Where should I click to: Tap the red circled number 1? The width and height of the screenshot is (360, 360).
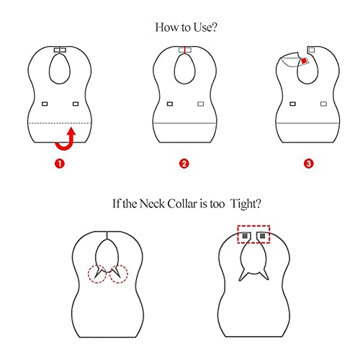[60, 163]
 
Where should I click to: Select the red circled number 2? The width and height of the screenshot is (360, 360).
[184, 163]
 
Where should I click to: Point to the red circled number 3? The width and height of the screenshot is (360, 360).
[308, 163]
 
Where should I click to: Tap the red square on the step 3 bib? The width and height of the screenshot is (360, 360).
[305, 62]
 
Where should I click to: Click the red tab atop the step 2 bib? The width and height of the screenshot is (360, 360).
[184, 50]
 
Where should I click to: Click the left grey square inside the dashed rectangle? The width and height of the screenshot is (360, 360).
[244, 235]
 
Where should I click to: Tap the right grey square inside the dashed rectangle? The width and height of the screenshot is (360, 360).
[262, 235]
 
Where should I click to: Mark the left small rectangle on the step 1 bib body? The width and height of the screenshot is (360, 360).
[45, 104]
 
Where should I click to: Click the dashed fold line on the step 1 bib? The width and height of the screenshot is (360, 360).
[60, 124]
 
